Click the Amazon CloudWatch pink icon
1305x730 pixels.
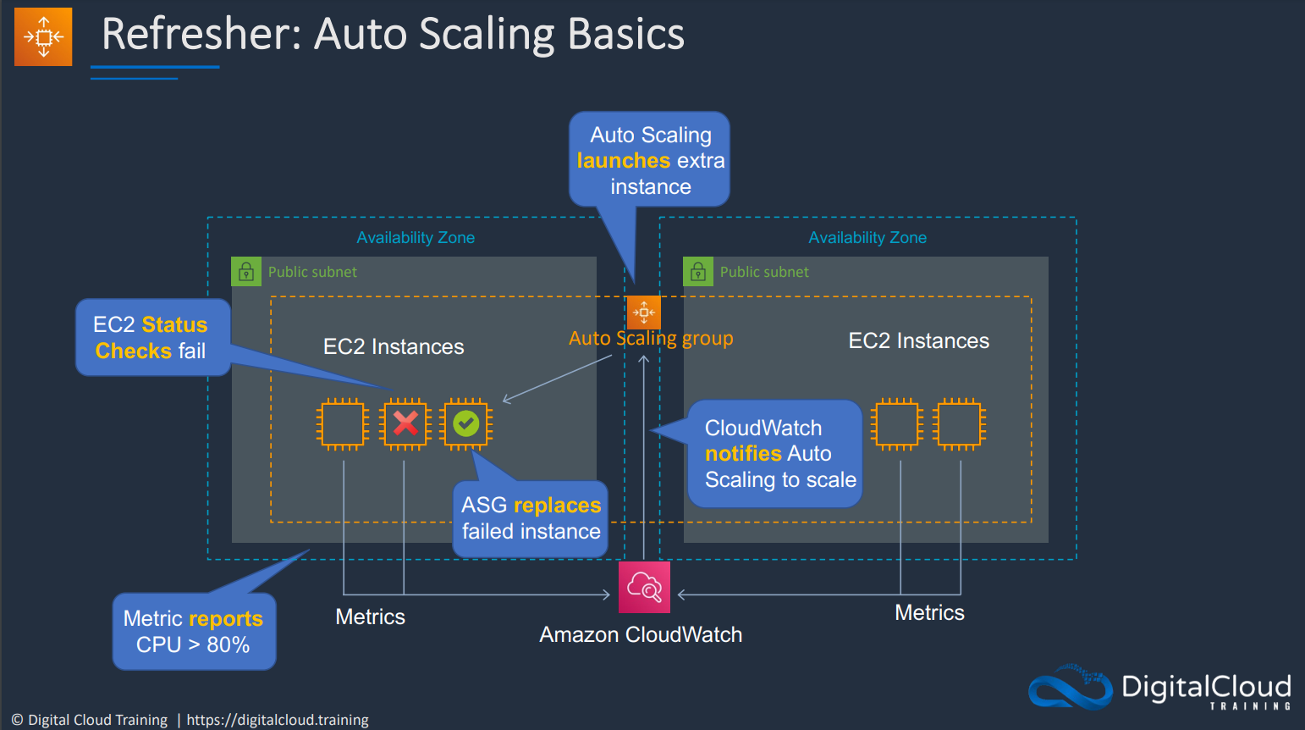tap(644, 587)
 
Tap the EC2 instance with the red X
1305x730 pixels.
tap(405, 424)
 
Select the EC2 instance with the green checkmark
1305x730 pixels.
tap(466, 424)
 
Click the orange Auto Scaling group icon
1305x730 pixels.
tap(644, 312)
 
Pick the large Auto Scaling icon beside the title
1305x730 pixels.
tap(43, 36)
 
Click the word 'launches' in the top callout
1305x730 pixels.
tap(624, 160)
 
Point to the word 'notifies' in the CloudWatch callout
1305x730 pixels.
tap(743, 453)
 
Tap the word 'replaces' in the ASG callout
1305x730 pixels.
tap(558, 505)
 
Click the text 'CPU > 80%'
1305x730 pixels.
tap(193, 644)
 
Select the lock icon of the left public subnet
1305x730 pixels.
tap(246, 272)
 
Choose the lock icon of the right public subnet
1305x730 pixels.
tap(698, 272)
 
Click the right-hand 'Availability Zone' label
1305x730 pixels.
tap(867, 237)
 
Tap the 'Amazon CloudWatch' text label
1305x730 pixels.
tap(641, 634)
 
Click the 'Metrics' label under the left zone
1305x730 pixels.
tap(370, 617)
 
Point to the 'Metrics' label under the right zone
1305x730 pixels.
tap(930, 612)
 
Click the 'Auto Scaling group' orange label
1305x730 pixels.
tap(651, 339)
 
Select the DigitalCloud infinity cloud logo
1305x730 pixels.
tap(1071, 687)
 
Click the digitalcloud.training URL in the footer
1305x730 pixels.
tap(278, 720)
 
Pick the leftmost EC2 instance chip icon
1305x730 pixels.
tap(343, 424)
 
